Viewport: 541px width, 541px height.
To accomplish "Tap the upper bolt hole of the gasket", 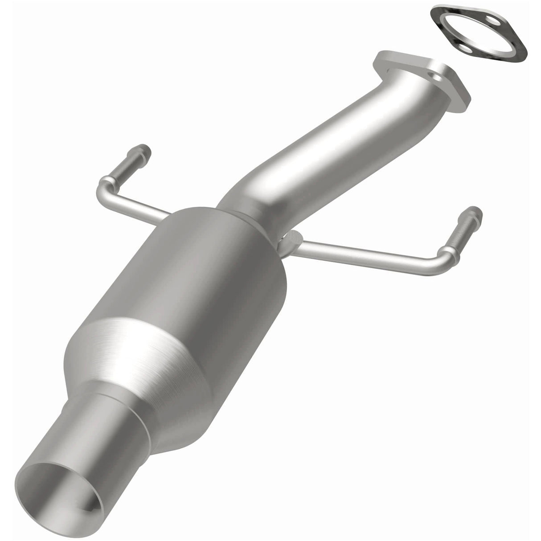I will (490, 21).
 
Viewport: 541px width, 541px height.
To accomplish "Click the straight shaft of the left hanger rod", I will (134, 201).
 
